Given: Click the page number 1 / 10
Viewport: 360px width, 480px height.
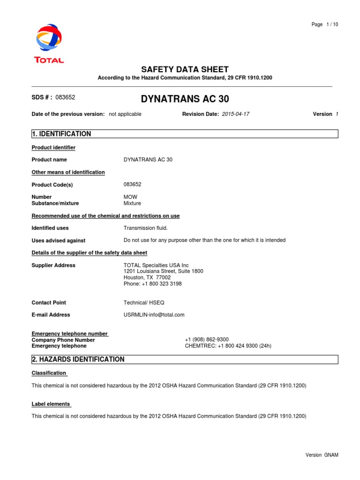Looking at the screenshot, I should (325, 25).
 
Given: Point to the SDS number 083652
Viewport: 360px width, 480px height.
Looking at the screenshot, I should (65, 97).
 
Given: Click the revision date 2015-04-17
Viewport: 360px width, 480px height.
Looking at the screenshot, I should (236, 114).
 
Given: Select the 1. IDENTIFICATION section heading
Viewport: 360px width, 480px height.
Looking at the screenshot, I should (61, 134).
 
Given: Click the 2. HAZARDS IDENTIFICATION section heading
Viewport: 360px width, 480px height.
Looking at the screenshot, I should (78, 360).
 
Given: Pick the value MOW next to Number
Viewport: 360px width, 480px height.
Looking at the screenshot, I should (130, 197).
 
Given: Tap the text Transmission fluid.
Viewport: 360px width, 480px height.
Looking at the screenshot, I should (145, 228).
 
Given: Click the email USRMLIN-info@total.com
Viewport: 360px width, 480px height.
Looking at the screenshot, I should (154, 315).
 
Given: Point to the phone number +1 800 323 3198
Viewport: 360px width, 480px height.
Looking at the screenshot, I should (152, 284).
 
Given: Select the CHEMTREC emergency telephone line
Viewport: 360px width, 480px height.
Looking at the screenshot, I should (228, 346).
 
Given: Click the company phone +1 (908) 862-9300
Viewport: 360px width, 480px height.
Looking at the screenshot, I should (207, 340).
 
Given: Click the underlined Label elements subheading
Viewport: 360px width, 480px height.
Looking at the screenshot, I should (51, 404).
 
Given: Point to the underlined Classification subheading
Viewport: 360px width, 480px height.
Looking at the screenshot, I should (49, 373).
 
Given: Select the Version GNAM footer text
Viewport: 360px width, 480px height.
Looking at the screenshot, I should (322, 455).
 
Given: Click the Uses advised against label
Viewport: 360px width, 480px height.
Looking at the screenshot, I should (58, 240).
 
